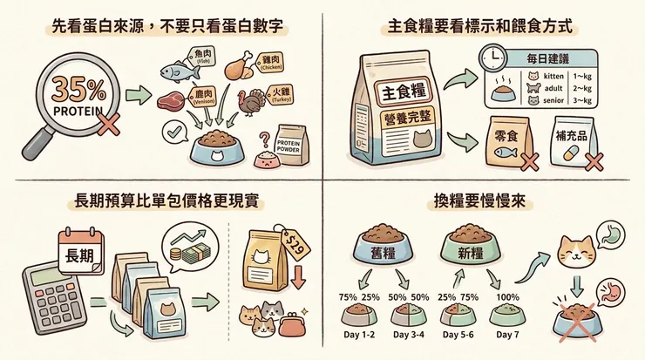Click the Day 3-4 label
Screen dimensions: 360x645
click(x=410, y=335)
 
